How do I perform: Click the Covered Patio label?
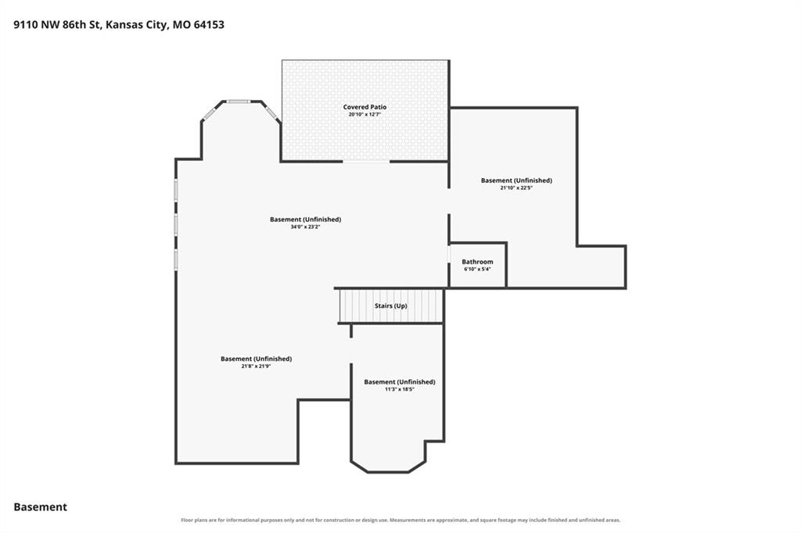click(x=365, y=107)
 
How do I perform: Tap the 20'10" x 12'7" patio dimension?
click(x=365, y=114)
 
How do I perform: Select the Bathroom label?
click(x=478, y=261)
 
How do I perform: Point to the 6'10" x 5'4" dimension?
click(x=478, y=269)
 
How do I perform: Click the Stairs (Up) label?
click(x=391, y=306)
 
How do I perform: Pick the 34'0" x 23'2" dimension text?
click(x=306, y=227)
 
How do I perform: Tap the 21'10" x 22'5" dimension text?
click(x=516, y=188)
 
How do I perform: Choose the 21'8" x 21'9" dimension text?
click(x=256, y=366)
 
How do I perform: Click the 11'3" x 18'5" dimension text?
click(x=400, y=389)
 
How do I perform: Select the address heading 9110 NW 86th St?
click(x=57, y=24)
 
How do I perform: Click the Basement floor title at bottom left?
click(x=41, y=507)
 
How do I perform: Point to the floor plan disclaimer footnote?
click(x=400, y=520)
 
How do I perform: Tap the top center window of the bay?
click(x=239, y=102)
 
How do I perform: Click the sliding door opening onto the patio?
click(x=366, y=161)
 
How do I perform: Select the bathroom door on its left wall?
click(x=449, y=254)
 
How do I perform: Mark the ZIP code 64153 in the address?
click(x=209, y=24)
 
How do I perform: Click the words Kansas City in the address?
click(x=136, y=24)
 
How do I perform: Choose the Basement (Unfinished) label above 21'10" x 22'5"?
click(x=516, y=181)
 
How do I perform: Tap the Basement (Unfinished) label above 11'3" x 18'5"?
click(x=400, y=382)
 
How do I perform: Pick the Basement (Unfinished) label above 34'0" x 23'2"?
click(x=306, y=220)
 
